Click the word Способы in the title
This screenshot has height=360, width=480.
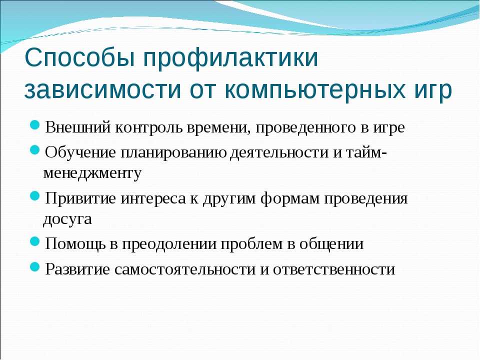(79, 57)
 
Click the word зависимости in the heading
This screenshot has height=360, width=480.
(102, 89)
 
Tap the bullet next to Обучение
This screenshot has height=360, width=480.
(35, 150)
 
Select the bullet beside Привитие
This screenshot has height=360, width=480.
(35, 196)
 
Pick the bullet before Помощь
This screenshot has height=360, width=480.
(35, 241)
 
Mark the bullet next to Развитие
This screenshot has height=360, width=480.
(35, 267)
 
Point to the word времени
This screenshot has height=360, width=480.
(217, 128)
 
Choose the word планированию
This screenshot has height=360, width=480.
(173, 153)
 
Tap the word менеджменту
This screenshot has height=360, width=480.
(92, 174)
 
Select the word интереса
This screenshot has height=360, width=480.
(153, 199)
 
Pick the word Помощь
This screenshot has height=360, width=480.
(76, 244)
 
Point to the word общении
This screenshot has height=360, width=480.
(331, 244)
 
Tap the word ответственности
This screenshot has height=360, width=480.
(334, 270)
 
